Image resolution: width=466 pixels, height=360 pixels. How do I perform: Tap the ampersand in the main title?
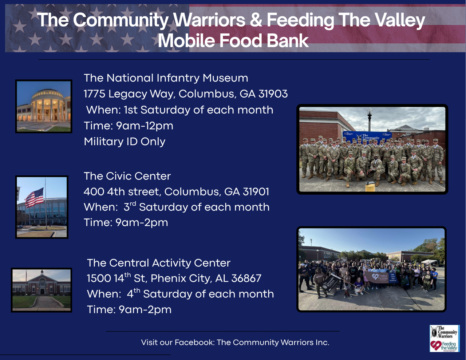pyautogui.click(x=256, y=20)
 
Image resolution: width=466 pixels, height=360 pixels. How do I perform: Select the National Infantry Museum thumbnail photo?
pyautogui.click(x=44, y=106)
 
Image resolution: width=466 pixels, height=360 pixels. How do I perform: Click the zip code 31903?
pyautogui.click(x=273, y=94)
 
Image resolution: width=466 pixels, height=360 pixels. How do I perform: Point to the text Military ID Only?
pyautogui.click(x=125, y=142)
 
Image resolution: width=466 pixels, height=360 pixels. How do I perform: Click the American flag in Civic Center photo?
pyautogui.click(x=35, y=198)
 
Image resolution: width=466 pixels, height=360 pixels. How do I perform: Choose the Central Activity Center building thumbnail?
pyautogui.click(x=42, y=290)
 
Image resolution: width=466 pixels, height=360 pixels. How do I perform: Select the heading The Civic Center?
pyautogui.click(x=127, y=176)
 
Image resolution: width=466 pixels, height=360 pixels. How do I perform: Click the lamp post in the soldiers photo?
pyautogui.click(x=370, y=120)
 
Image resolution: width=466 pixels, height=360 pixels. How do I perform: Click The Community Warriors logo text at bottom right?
pyautogui.click(x=446, y=332)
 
